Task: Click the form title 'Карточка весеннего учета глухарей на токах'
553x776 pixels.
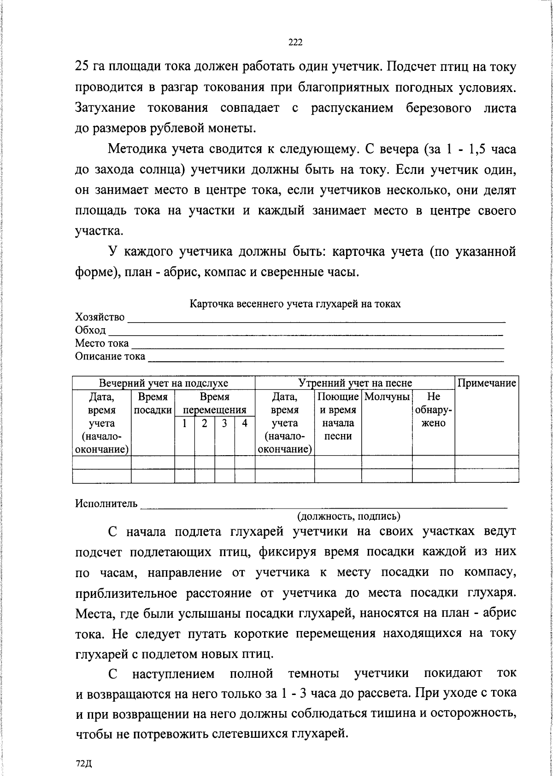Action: pyautogui.click(x=295, y=304)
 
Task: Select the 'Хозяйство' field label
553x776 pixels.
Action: pyautogui.click(x=100, y=317)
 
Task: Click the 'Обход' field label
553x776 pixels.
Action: pyautogui.click(x=90, y=330)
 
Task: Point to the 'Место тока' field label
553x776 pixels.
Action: pyautogui.click(x=102, y=343)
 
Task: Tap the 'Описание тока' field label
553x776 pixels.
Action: pyautogui.click(x=110, y=356)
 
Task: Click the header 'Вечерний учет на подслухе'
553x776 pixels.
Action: pyautogui.click(x=164, y=383)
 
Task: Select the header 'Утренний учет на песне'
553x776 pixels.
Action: pyautogui.click(x=355, y=383)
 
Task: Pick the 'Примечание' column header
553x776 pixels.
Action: pyautogui.click(x=486, y=383)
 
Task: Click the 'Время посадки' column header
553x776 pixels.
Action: pyautogui.click(x=153, y=403)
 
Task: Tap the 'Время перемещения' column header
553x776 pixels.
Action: pyautogui.click(x=215, y=403)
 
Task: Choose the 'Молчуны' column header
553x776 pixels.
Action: pyautogui.click(x=387, y=396)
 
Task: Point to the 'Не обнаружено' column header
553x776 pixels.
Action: pyautogui.click(x=433, y=410)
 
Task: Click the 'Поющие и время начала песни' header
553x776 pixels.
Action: pyautogui.click(x=338, y=416)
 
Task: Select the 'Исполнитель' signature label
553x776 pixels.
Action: pyautogui.click(x=106, y=504)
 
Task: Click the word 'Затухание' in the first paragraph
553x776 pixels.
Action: pyautogui.click(x=105, y=109)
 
